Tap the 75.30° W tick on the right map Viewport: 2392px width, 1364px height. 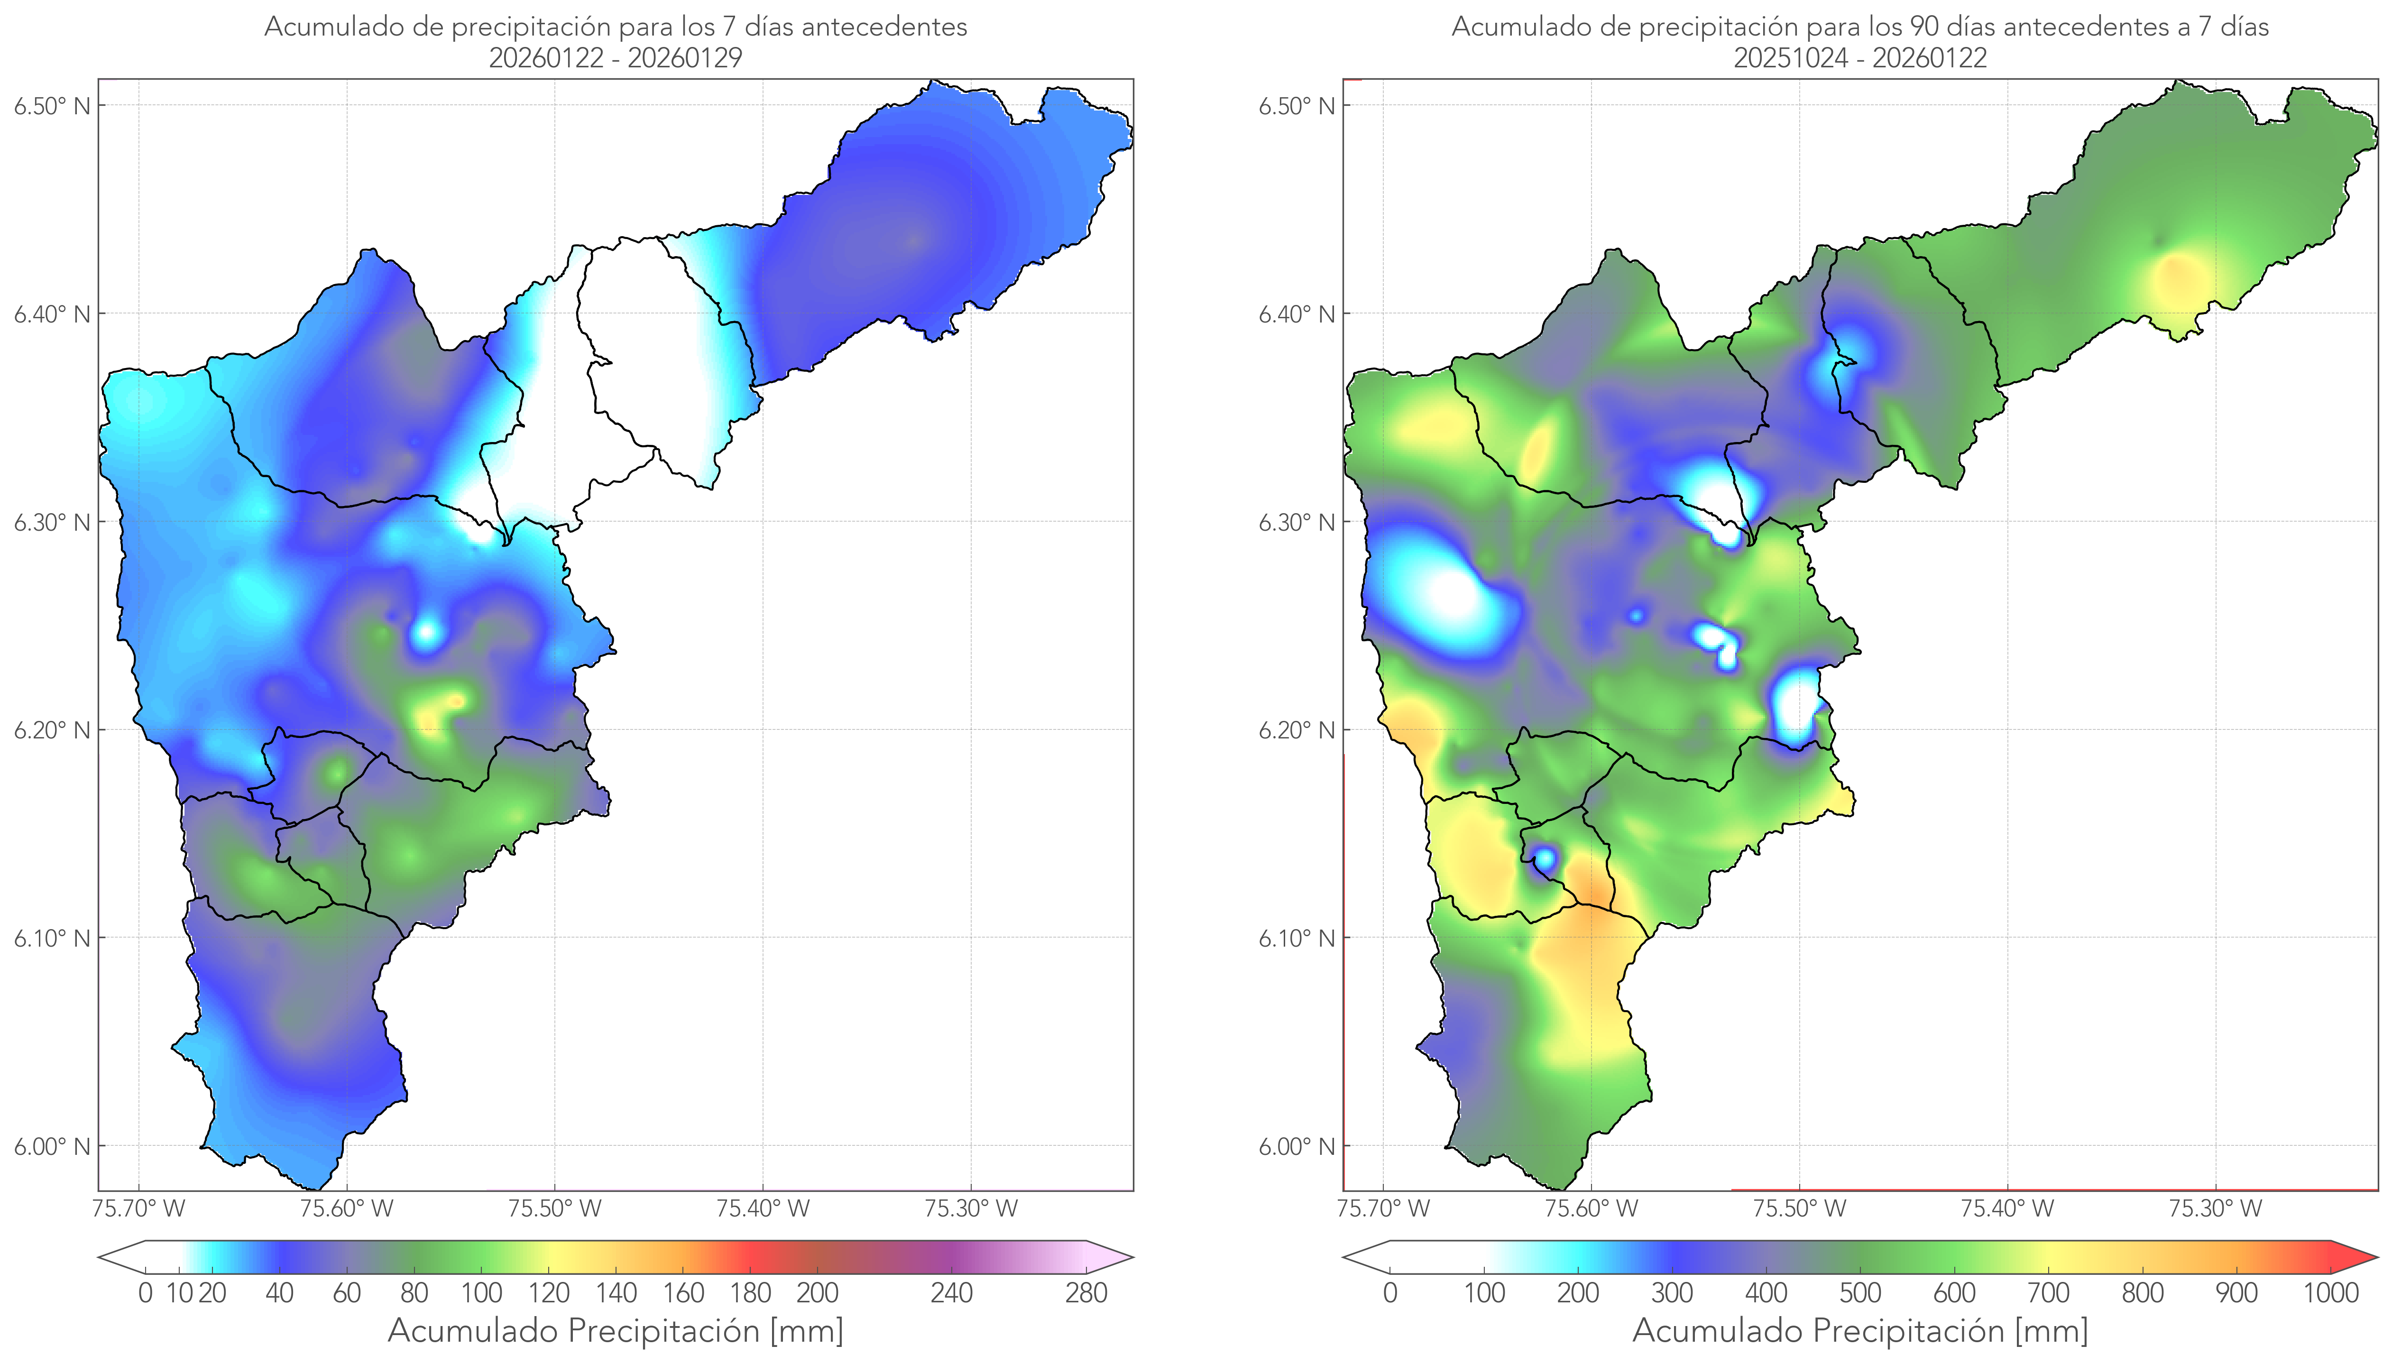click(2215, 1208)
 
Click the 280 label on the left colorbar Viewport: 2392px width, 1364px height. click(1086, 1293)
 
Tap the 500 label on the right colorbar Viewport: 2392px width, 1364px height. click(1860, 1293)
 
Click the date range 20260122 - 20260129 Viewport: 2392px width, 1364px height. click(616, 58)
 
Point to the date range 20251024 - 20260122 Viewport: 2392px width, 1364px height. click(1860, 58)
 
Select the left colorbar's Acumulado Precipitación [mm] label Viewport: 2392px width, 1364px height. click(616, 1330)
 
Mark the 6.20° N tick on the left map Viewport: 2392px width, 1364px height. click(53, 730)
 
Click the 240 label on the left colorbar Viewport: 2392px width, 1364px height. click(952, 1293)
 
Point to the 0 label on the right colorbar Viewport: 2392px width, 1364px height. click(1390, 1293)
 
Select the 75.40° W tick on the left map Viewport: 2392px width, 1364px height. click(763, 1208)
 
